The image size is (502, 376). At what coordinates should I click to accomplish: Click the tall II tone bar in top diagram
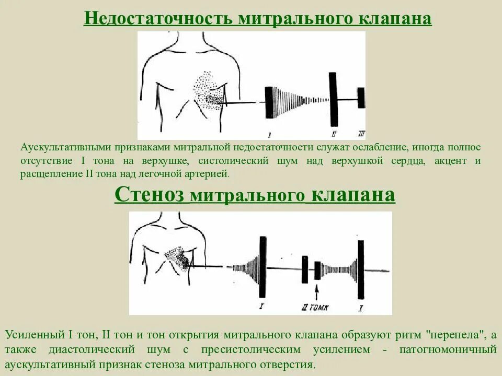[333, 98]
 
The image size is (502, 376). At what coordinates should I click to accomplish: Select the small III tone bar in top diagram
[360, 98]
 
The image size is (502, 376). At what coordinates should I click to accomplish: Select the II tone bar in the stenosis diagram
[304, 269]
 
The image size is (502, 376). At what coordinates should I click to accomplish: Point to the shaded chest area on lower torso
[178, 257]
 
